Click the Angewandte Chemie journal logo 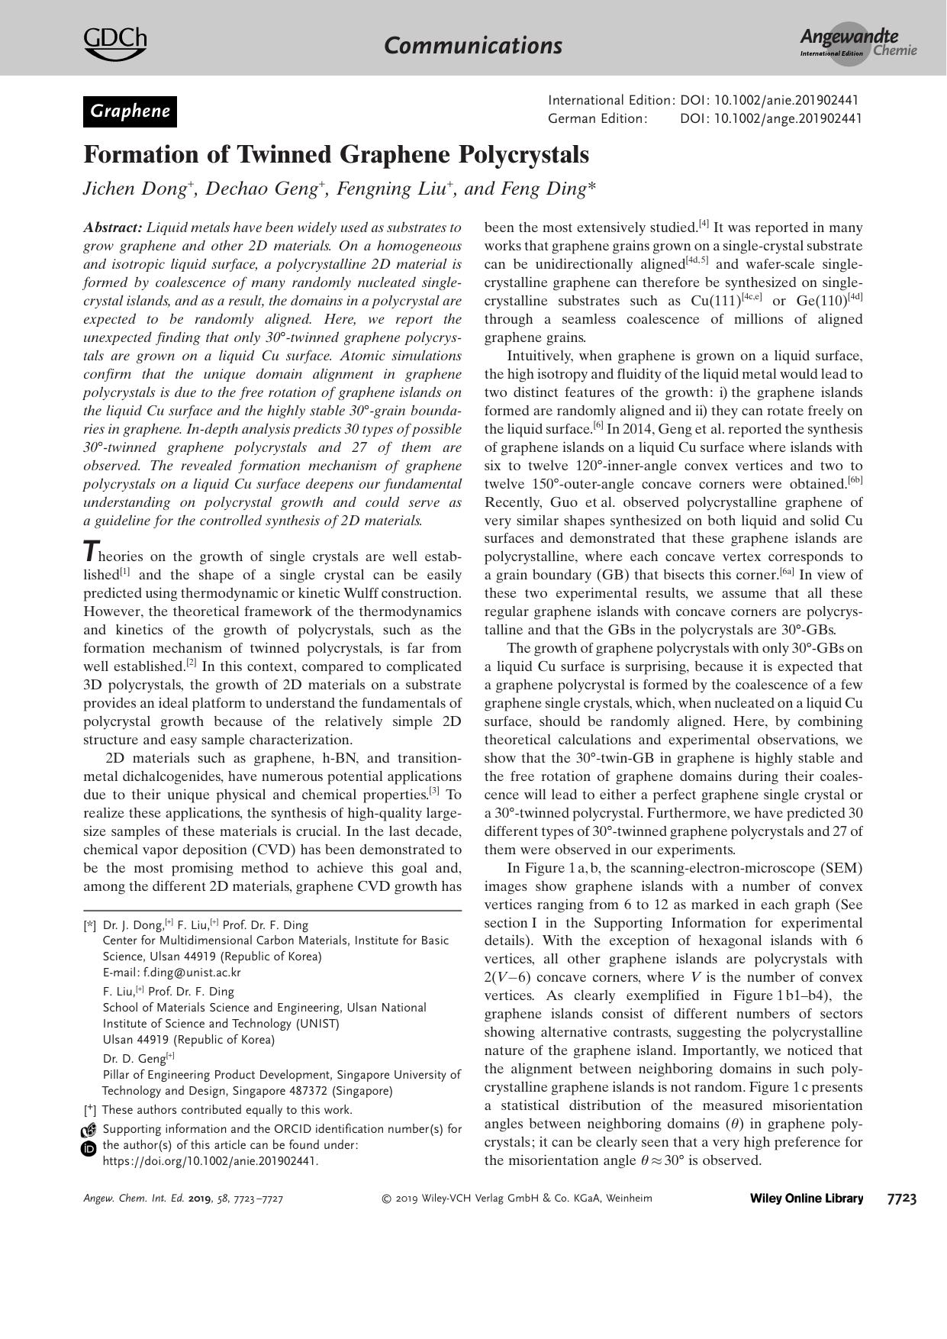[857, 44]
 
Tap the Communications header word [473, 46]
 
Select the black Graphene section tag [130, 111]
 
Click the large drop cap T [91, 551]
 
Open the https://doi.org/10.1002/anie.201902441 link [210, 1161]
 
